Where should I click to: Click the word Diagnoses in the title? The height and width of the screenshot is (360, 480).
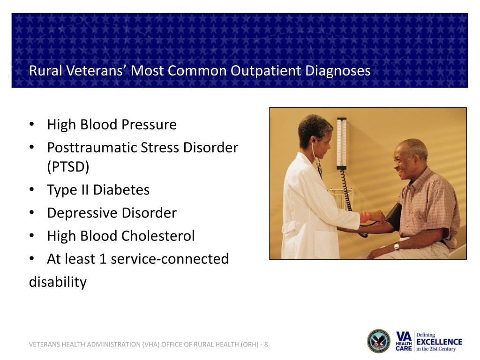(x=337, y=71)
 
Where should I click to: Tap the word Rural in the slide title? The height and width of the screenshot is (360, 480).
(x=45, y=71)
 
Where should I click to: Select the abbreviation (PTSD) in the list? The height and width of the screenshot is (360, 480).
(x=68, y=167)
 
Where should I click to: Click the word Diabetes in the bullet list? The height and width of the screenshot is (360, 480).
(x=121, y=190)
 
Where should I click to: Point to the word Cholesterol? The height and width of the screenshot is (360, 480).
(x=158, y=236)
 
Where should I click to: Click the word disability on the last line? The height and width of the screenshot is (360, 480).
(x=58, y=282)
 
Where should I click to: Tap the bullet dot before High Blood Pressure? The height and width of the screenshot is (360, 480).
(x=31, y=124)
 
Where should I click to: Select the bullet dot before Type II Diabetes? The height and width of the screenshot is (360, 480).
(x=31, y=189)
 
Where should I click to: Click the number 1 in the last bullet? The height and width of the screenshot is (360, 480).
(x=103, y=259)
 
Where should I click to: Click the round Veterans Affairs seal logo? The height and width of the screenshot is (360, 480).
(x=379, y=341)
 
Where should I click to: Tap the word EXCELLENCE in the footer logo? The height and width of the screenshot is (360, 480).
(x=439, y=342)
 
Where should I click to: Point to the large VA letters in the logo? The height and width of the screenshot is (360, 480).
(x=404, y=337)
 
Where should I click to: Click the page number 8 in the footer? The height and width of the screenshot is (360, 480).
(x=266, y=345)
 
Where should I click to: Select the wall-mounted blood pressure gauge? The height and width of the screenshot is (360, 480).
(x=342, y=143)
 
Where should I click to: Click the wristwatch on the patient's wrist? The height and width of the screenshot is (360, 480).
(x=397, y=246)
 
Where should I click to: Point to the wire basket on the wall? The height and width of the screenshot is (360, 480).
(x=340, y=198)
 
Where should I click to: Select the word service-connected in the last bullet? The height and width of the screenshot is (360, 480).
(x=170, y=259)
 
